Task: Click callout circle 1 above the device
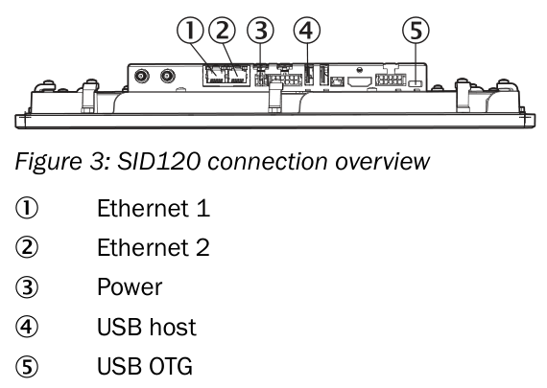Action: (x=190, y=31)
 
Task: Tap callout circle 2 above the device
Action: (x=223, y=31)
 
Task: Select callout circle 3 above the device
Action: (x=260, y=31)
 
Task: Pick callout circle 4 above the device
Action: (x=307, y=31)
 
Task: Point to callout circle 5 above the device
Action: (x=416, y=31)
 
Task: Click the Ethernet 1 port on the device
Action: (x=214, y=76)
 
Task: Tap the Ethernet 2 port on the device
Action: (x=238, y=76)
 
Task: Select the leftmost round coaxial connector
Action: (x=142, y=76)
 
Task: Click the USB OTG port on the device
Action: (x=416, y=83)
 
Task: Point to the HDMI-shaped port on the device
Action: (x=360, y=81)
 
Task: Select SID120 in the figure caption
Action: (x=158, y=161)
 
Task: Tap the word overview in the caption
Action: (x=382, y=162)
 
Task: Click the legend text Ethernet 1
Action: (x=154, y=208)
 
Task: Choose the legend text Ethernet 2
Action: (x=154, y=247)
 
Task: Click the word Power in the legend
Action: (x=130, y=287)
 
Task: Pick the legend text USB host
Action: (x=147, y=327)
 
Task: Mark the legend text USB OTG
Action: (x=145, y=366)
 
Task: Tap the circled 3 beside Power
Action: (x=27, y=287)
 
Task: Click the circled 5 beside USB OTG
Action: (x=27, y=366)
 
